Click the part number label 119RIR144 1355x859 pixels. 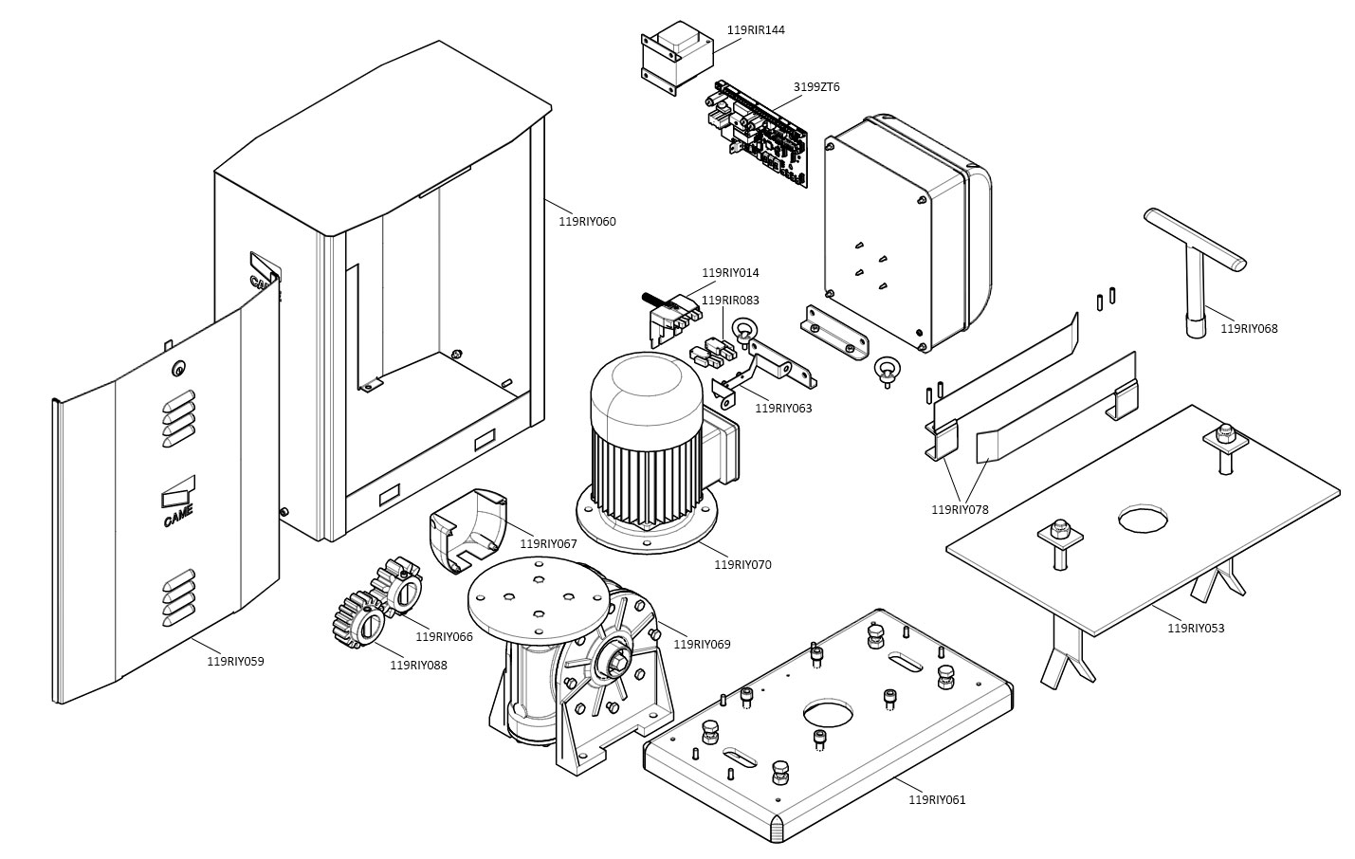click(756, 30)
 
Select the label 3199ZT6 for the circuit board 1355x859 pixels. click(816, 87)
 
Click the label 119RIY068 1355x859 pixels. click(1249, 329)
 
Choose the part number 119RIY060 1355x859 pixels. click(587, 222)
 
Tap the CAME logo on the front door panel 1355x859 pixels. click(177, 503)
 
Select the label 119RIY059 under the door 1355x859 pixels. click(235, 662)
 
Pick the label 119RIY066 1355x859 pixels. click(444, 637)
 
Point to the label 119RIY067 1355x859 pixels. click(548, 544)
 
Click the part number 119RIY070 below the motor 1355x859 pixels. click(742, 565)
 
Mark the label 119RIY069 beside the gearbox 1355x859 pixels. click(702, 645)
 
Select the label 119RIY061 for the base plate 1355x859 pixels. click(937, 800)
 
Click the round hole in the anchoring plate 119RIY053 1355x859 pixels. click(1143, 518)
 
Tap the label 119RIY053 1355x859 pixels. click(1196, 629)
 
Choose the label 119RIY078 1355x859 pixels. click(960, 510)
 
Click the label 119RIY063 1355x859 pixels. click(783, 409)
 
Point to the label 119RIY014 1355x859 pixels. click(730, 273)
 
